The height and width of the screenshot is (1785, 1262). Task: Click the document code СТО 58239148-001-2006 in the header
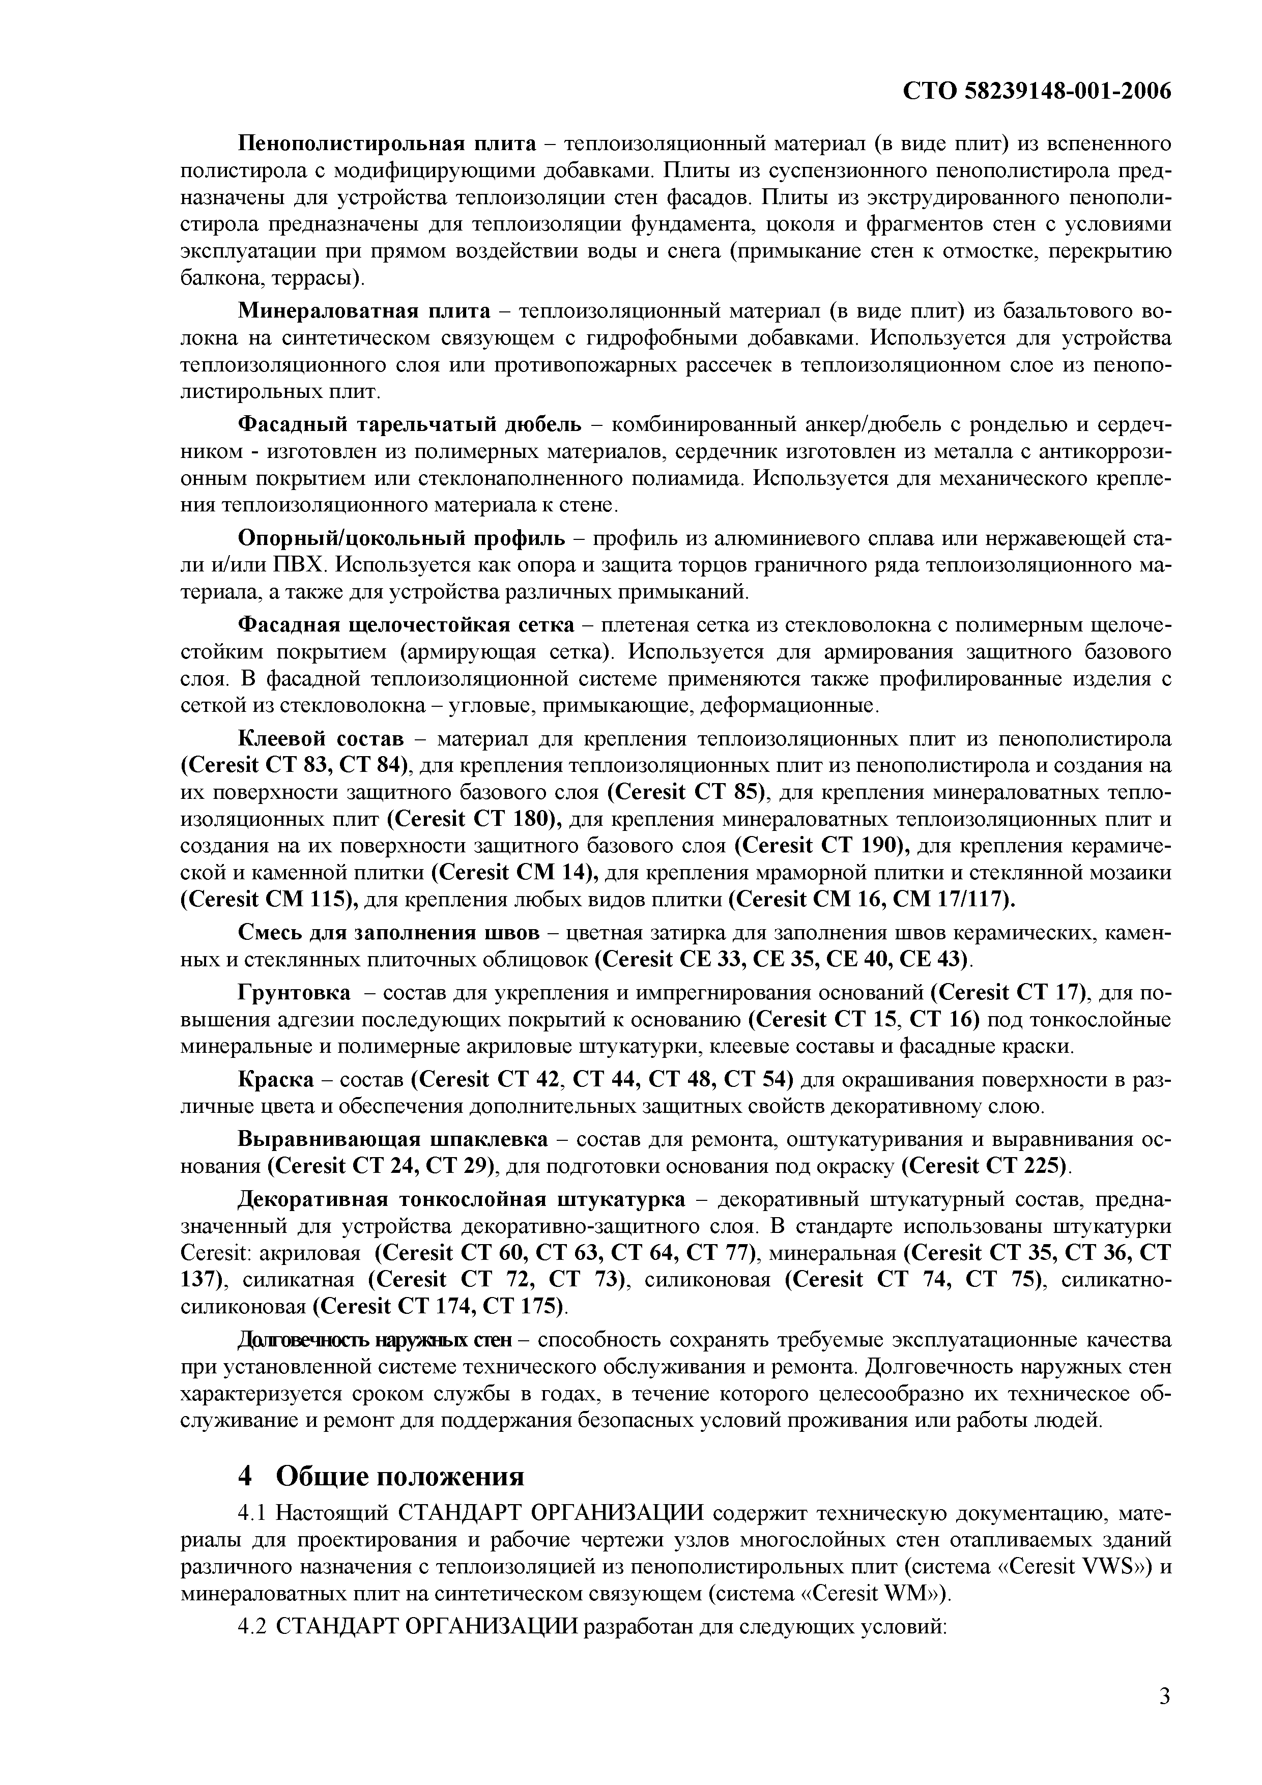[x=1037, y=92]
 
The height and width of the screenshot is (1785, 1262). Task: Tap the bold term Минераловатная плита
[x=364, y=312]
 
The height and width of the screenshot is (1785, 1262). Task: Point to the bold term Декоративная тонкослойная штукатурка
[x=461, y=1200]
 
